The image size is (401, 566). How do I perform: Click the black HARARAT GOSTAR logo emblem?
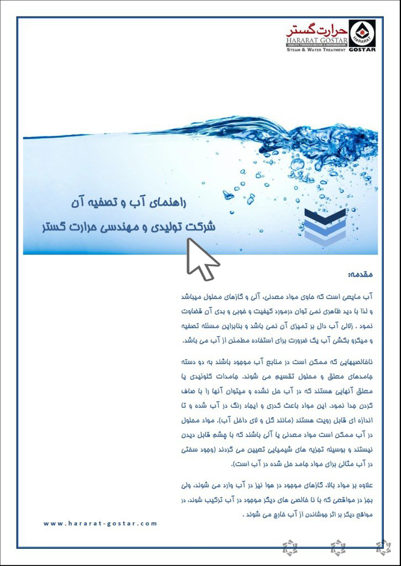tap(362, 35)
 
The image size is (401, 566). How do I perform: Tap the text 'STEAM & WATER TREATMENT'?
tap(316, 50)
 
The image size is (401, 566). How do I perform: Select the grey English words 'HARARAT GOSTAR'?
tap(316, 40)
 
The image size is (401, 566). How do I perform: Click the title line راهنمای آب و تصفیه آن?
tap(138, 203)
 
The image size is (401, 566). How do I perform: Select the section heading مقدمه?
tap(362, 274)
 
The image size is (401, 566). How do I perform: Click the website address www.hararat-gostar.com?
tap(100, 523)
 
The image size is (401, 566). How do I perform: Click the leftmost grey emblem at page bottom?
tap(289, 547)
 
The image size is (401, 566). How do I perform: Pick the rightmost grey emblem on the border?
tap(383, 547)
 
